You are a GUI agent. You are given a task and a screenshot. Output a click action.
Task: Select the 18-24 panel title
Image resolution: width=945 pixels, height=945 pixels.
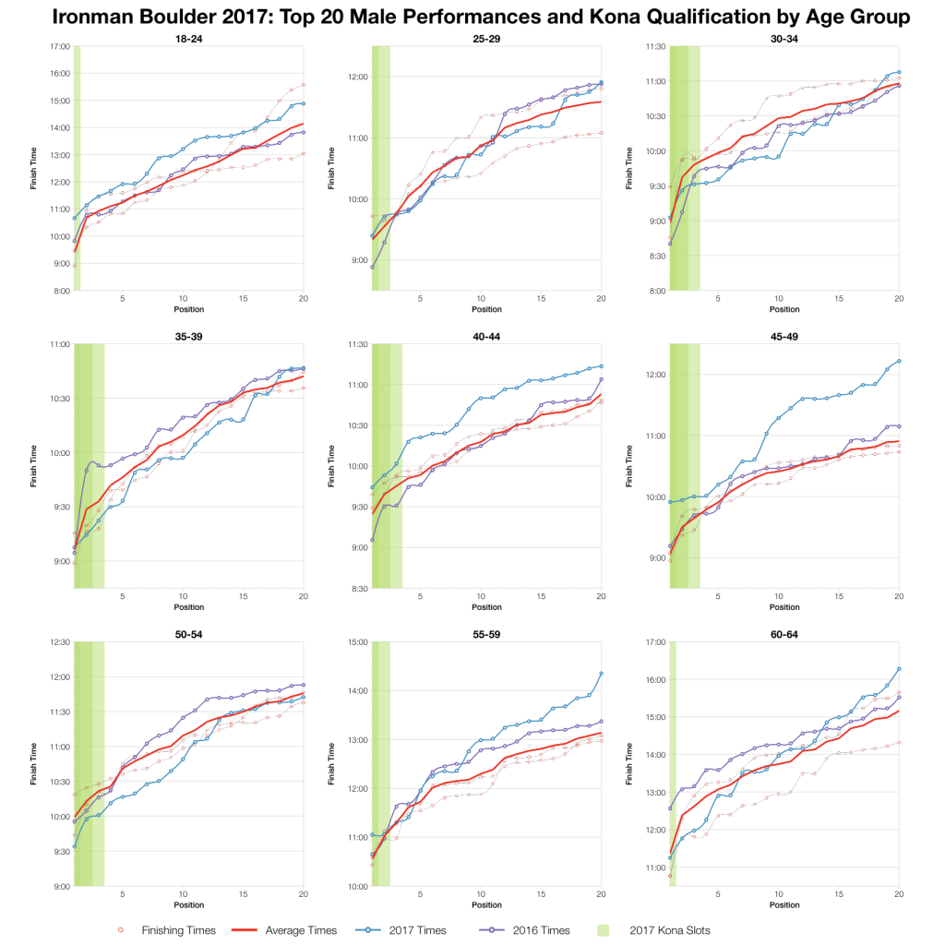(x=189, y=38)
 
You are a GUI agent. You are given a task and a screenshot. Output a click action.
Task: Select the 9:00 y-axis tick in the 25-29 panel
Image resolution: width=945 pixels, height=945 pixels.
(x=359, y=260)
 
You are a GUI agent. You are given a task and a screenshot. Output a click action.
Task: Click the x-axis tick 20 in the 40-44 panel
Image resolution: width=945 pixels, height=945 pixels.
(x=601, y=598)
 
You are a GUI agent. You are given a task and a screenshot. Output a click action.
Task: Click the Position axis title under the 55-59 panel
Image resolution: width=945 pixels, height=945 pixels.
(x=486, y=905)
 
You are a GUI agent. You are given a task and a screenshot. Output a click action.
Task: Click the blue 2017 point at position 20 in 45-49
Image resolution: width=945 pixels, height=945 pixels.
(x=899, y=361)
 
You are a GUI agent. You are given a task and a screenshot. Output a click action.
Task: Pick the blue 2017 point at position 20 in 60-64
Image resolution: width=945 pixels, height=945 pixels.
(x=899, y=669)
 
